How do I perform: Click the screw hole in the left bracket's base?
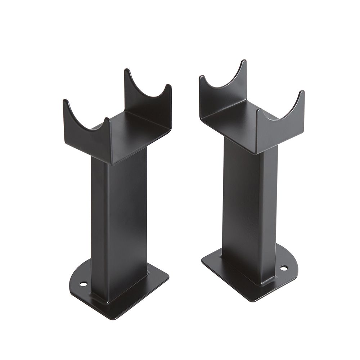coord(83,284)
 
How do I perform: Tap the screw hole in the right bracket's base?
coord(284,268)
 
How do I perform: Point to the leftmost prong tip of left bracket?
coord(65,102)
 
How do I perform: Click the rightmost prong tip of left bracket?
coord(168,86)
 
